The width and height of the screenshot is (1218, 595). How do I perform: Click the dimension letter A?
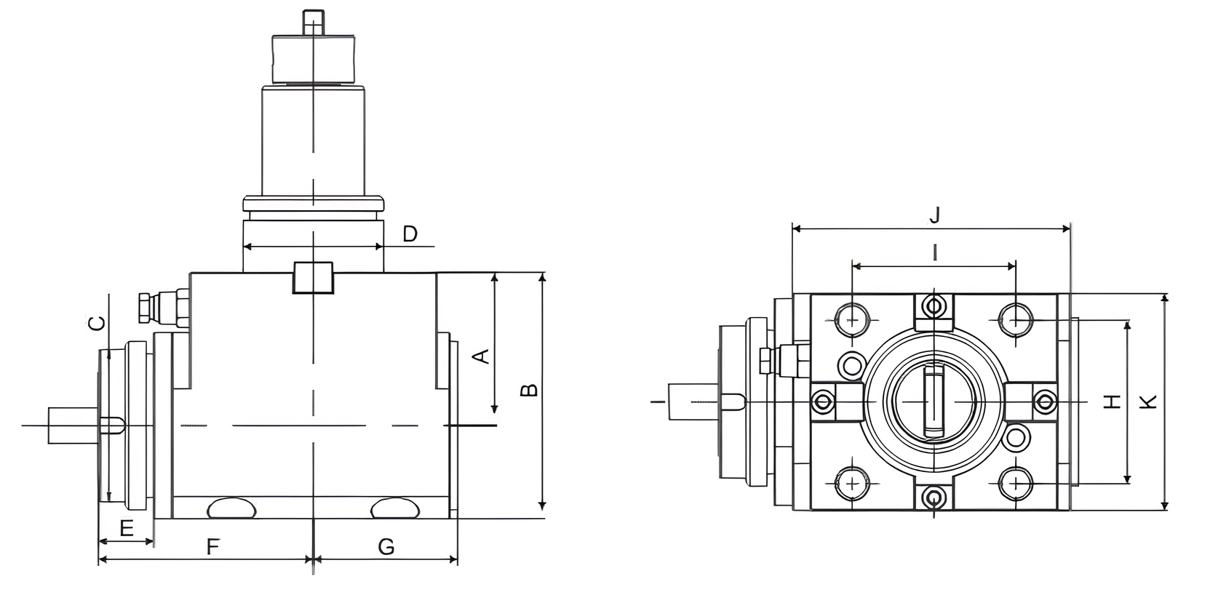coord(481,356)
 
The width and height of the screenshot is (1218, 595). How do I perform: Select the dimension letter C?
coord(97,323)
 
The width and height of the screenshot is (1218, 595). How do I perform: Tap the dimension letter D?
coord(410,234)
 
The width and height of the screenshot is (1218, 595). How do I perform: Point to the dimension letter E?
coord(126,528)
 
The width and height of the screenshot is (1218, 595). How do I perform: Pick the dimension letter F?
coord(212,547)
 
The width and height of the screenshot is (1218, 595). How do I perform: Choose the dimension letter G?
coord(386,547)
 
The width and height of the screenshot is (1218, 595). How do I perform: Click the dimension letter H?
coord(1112,401)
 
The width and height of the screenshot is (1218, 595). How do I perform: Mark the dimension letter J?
coord(935,215)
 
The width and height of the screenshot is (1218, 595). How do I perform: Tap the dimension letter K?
coord(1147,401)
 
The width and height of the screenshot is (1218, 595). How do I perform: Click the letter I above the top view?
coord(935,252)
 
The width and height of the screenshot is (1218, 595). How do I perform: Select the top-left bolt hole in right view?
coord(851,319)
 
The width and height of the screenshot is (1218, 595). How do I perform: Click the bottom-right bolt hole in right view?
coord(1015,483)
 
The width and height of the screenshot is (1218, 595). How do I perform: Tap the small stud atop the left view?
coord(312,22)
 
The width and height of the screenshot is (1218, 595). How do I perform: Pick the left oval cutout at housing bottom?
coord(232,507)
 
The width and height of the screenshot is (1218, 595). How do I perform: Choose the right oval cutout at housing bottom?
coord(394,507)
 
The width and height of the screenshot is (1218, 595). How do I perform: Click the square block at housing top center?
coord(312,277)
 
